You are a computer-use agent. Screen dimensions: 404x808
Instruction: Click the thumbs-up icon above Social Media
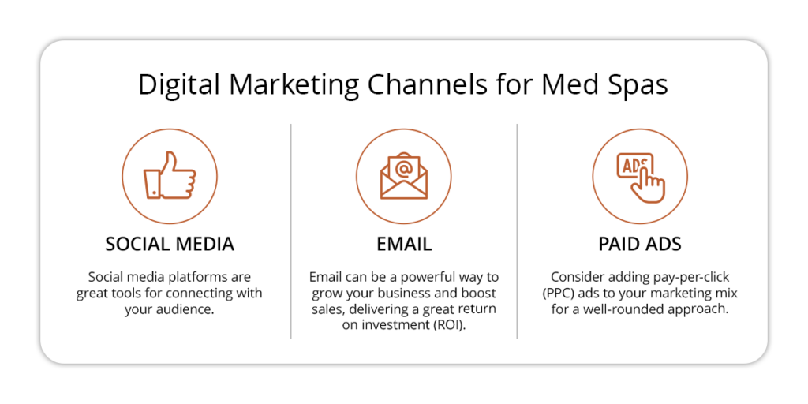pos(170,175)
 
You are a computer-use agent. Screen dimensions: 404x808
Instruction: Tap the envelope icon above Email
pos(403,175)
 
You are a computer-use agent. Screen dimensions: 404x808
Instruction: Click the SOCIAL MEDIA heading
pos(170,244)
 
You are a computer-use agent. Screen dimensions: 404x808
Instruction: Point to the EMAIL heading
pos(404,244)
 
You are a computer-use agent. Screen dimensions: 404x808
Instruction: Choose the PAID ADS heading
pos(640,244)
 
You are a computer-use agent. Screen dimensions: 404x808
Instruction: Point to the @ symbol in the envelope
pos(404,168)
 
